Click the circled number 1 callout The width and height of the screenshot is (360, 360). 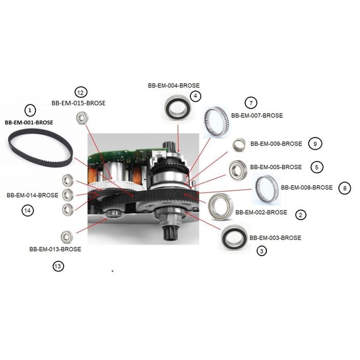point(30,111)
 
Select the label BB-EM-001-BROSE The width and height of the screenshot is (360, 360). point(29,122)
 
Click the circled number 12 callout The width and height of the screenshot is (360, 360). point(81,93)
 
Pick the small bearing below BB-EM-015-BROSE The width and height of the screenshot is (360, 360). point(82,118)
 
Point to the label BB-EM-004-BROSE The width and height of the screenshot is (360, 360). point(174,86)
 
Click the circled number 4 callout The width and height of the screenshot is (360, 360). point(195,96)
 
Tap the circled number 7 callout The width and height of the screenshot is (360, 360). point(251,103)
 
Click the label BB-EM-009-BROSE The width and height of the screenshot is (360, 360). point(276,144)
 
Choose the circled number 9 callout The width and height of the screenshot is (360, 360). point(315,143)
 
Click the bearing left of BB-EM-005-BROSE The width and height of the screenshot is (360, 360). point(238,171)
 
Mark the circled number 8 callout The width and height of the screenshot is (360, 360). point(345,188)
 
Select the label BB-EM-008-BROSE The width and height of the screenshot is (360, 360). point(307,188)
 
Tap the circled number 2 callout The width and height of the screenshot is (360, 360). point(300,215)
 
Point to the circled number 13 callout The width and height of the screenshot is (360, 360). point(58,266)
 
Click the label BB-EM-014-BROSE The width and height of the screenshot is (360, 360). point(32,195)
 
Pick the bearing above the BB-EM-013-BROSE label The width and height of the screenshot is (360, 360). point(67,237)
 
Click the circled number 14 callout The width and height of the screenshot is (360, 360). point(28,210)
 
